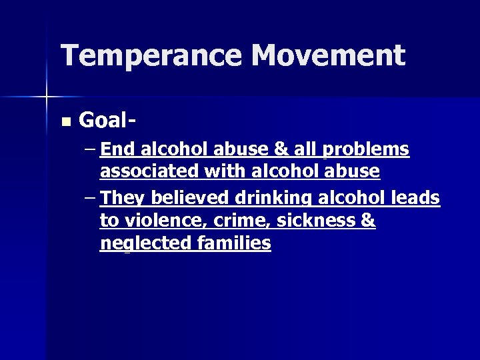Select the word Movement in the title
click(x=328, y=56)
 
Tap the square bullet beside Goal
click(x=65, y=121)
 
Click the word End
click(x=117, y=149)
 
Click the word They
click(x=124, y=198)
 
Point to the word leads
click(x=416, y=198)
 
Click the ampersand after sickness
click(x=368, y=221)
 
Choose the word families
click(x=235, y=243)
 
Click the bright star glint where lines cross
click(x=46, y=97)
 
